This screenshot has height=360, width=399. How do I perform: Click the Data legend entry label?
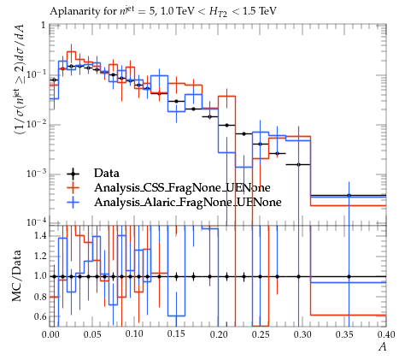click(x=107, y=173)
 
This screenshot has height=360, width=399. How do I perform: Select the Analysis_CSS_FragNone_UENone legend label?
click(x=182, y=188)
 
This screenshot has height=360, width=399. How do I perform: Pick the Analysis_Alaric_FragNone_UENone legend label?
click(x=188, y=202)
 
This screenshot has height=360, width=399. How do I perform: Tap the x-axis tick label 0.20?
click(x=219, y=334)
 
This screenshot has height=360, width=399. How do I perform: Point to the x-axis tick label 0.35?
click(x=344, y=334)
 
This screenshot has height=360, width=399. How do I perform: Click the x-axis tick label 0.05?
click(x=92, y=334)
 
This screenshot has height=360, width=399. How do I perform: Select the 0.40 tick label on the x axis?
click(x=386, y=334)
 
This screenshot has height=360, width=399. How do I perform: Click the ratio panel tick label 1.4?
click(x=40, y=235)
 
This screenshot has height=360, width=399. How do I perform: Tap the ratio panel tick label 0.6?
click(x=40, y=316)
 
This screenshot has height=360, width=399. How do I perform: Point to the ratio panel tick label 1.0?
click(x=40, y=276)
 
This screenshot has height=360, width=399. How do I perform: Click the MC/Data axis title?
click(x=17, y=275)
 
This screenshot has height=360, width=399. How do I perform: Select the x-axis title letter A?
click(x=383, y=347)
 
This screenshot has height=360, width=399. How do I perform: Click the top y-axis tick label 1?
click(x=44, y=26)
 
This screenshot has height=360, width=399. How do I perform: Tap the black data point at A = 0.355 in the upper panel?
click(x=349, y=196)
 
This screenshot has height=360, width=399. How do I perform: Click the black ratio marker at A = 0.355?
click(x=349, y=276)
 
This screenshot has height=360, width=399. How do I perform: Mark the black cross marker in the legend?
click(x=73, y=174)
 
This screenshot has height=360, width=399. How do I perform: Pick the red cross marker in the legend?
click(x=73, y=188)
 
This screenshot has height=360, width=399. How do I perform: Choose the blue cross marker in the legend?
click(x=73, y=202)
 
